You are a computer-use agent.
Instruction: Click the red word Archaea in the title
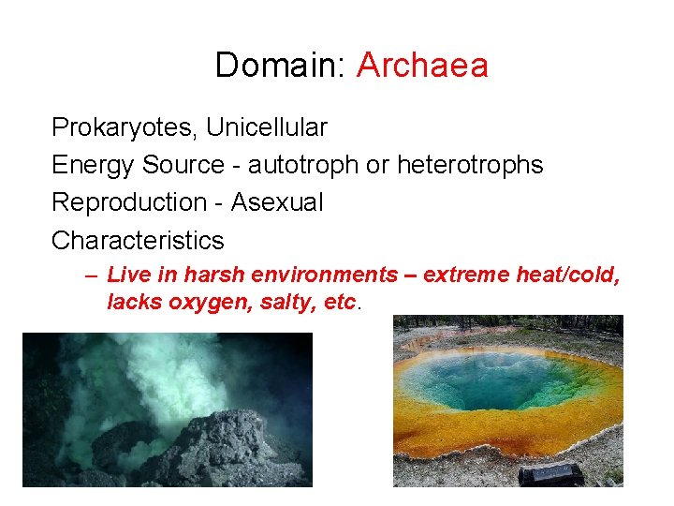point(422,66)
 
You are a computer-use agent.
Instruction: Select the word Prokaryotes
point(125,126)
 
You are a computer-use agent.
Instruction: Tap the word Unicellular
point(267,126)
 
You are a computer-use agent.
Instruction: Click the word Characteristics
point(138,241)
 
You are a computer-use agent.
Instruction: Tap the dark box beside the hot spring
point(550,472)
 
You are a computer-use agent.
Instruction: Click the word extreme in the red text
point(462,275)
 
